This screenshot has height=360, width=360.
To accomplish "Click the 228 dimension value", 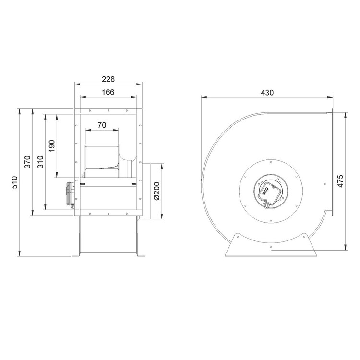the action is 108,79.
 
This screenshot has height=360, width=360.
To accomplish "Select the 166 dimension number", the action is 108,92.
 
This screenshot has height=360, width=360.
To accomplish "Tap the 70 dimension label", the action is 102,125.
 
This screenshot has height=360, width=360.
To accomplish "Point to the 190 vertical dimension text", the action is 52,145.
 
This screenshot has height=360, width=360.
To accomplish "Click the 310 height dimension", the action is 40,162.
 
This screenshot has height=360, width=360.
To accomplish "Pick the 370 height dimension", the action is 27,162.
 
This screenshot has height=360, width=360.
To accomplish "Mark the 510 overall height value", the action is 14,182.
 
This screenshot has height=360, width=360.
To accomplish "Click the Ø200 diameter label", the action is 157,191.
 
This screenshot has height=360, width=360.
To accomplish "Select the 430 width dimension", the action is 267,93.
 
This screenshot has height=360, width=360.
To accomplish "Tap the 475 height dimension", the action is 341,181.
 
